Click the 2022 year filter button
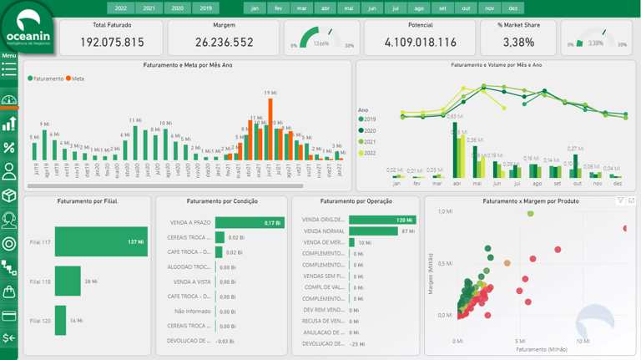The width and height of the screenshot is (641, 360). point(121,8)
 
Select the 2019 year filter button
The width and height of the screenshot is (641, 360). point(206,8)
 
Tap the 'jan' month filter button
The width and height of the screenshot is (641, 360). point(255,8)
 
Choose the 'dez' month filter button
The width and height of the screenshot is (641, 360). point(512,8)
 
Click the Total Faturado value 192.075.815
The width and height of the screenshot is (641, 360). point(112,43)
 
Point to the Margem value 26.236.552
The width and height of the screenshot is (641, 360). point(224,43)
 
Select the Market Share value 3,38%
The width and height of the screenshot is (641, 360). point(519,43)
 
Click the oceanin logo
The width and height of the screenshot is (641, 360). point(28,29)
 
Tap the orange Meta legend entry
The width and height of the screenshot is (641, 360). point(75,79)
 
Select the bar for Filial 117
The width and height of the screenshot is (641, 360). point(101,242)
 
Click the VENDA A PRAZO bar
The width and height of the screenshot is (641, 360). point(249,223)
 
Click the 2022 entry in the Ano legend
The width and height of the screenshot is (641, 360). point(368,153)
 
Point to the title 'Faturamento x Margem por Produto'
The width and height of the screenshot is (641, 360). point(531,201)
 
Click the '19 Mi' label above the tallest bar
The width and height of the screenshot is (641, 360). point(270,93)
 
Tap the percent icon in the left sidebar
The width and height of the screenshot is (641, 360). point(9,148)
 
